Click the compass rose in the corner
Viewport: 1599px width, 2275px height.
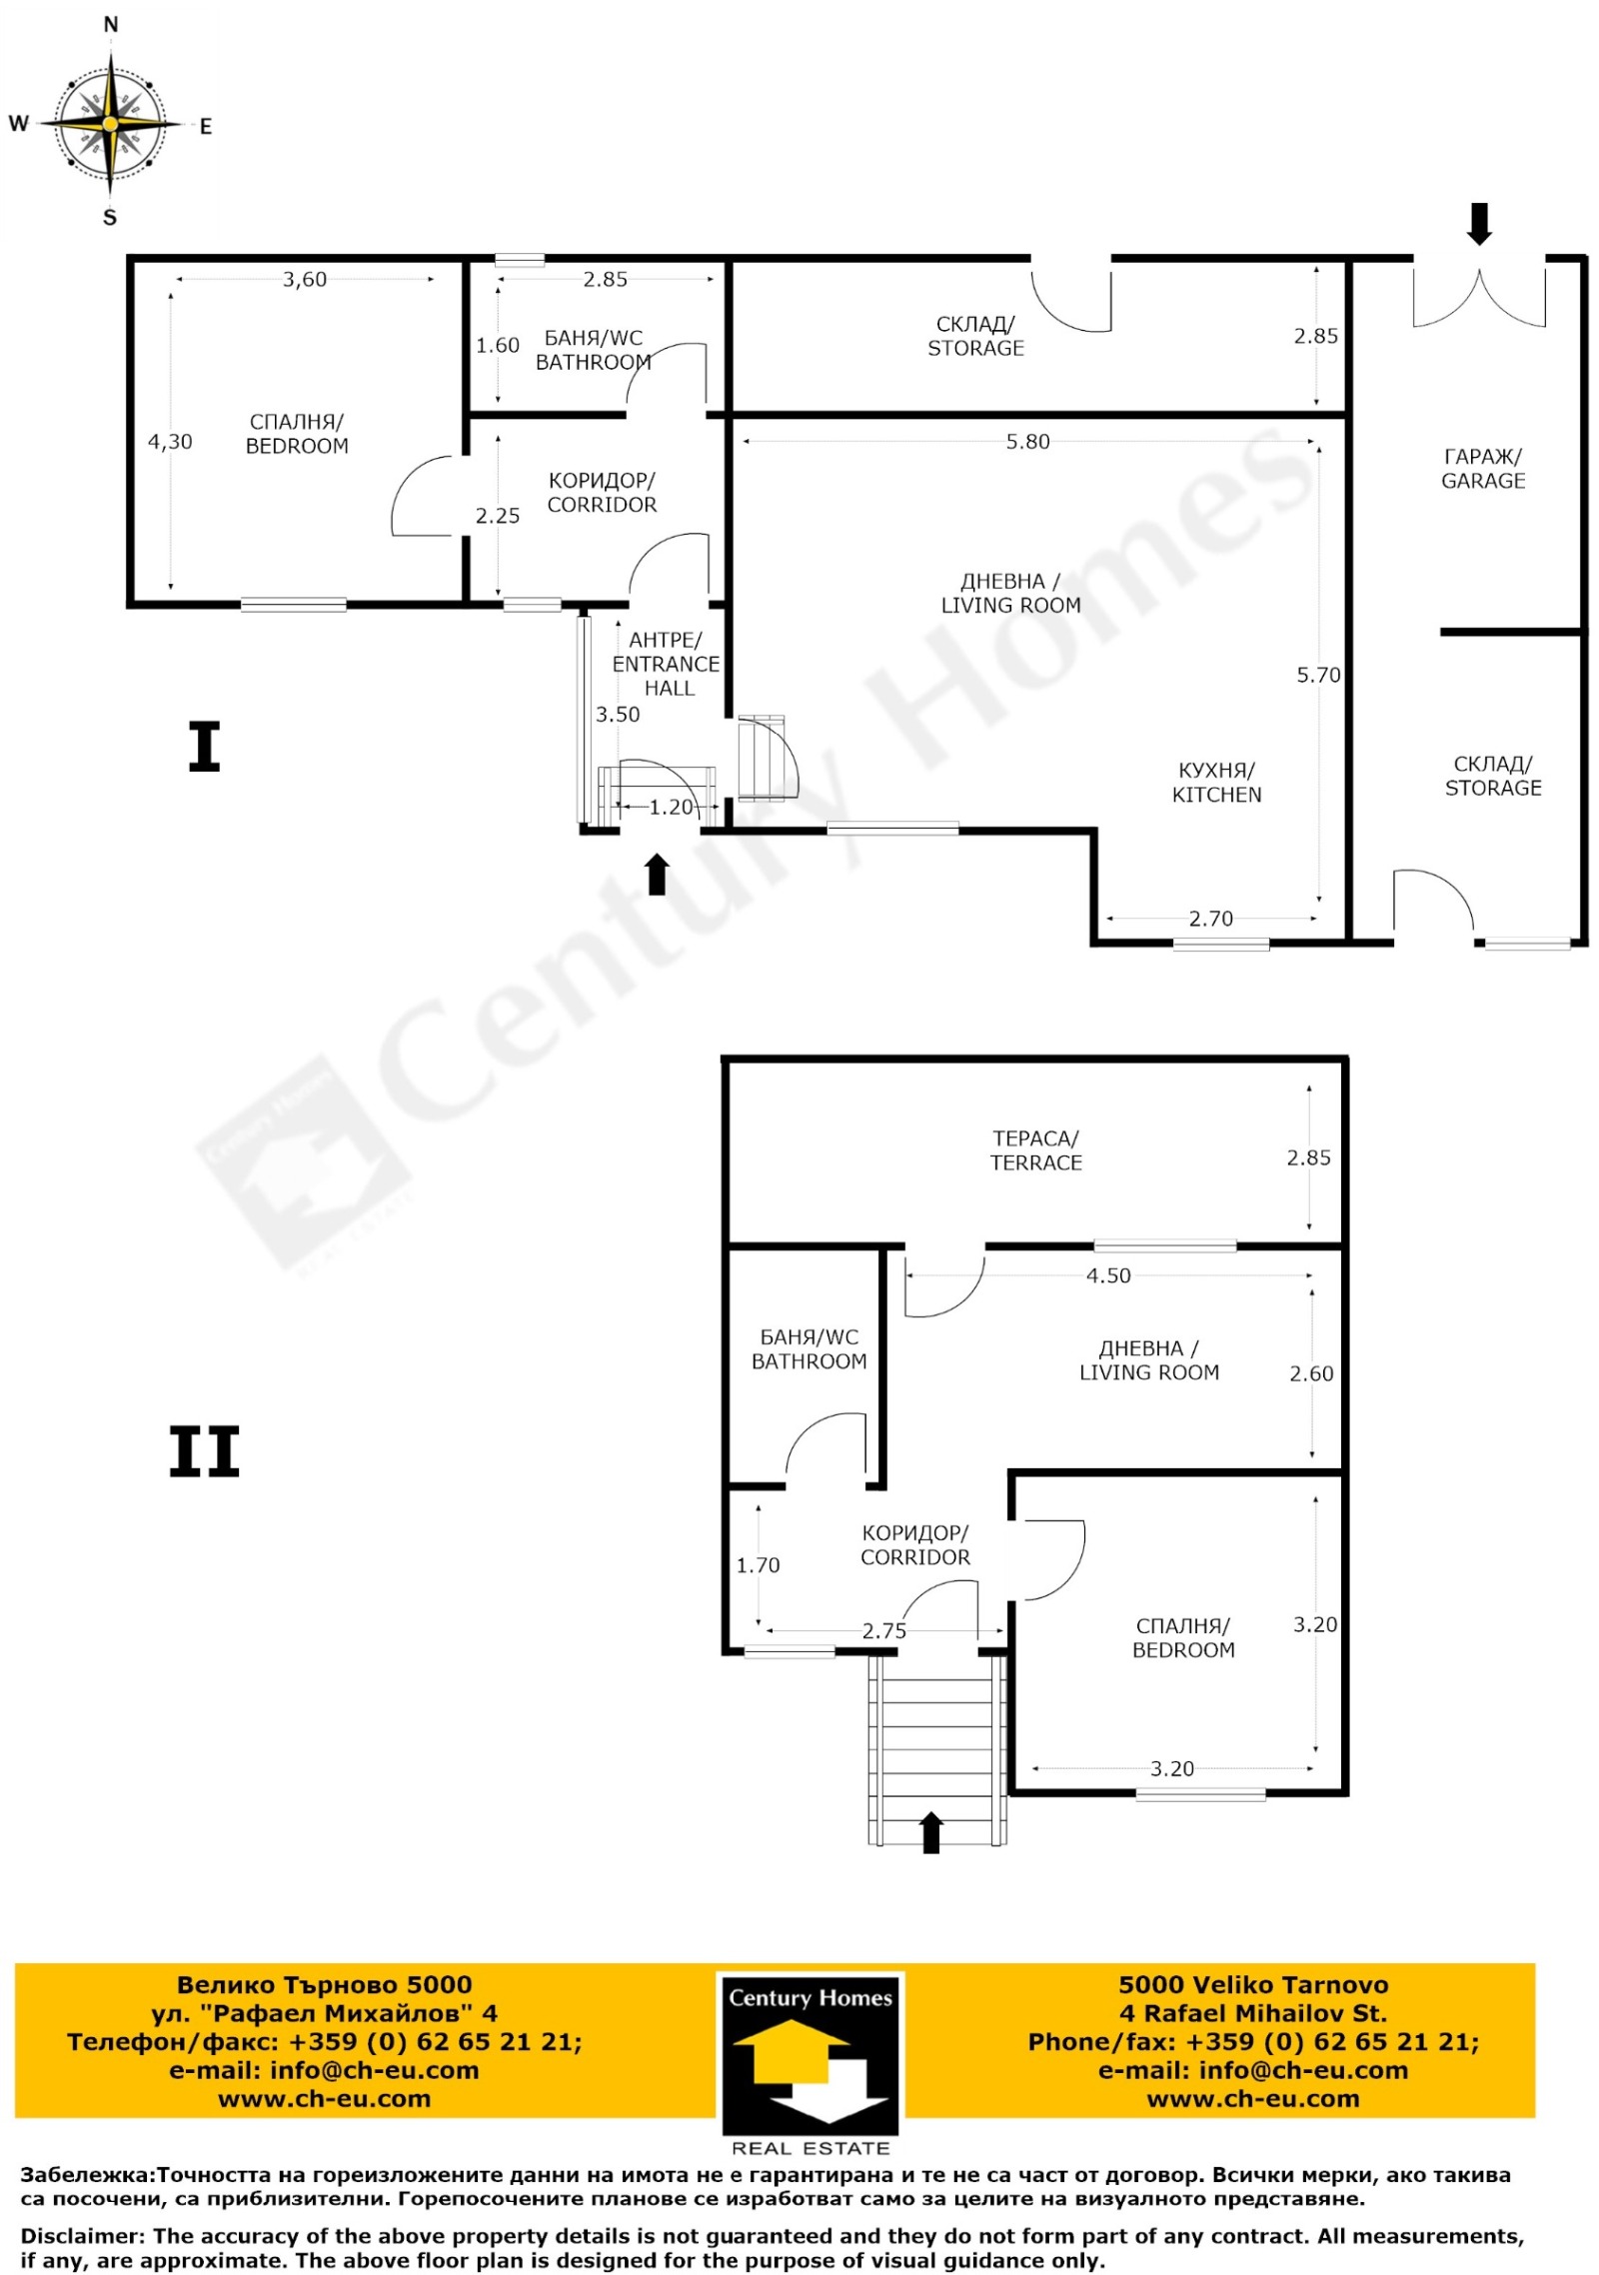110,123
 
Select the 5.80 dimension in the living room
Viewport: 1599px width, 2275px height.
1028,442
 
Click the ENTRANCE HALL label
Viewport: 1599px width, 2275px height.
667,664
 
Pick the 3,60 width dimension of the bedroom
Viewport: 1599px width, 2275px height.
305,280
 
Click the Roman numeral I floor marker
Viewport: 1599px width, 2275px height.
204,747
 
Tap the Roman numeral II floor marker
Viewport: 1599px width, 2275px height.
204,1451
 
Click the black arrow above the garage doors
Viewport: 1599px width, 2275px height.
1479,224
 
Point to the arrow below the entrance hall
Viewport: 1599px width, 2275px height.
657,875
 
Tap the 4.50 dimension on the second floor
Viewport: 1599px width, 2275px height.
1108,1276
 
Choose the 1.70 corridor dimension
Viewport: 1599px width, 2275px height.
758,1565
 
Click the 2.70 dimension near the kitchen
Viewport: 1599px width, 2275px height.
1210,919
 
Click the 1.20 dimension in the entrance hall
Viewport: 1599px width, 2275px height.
671,808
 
